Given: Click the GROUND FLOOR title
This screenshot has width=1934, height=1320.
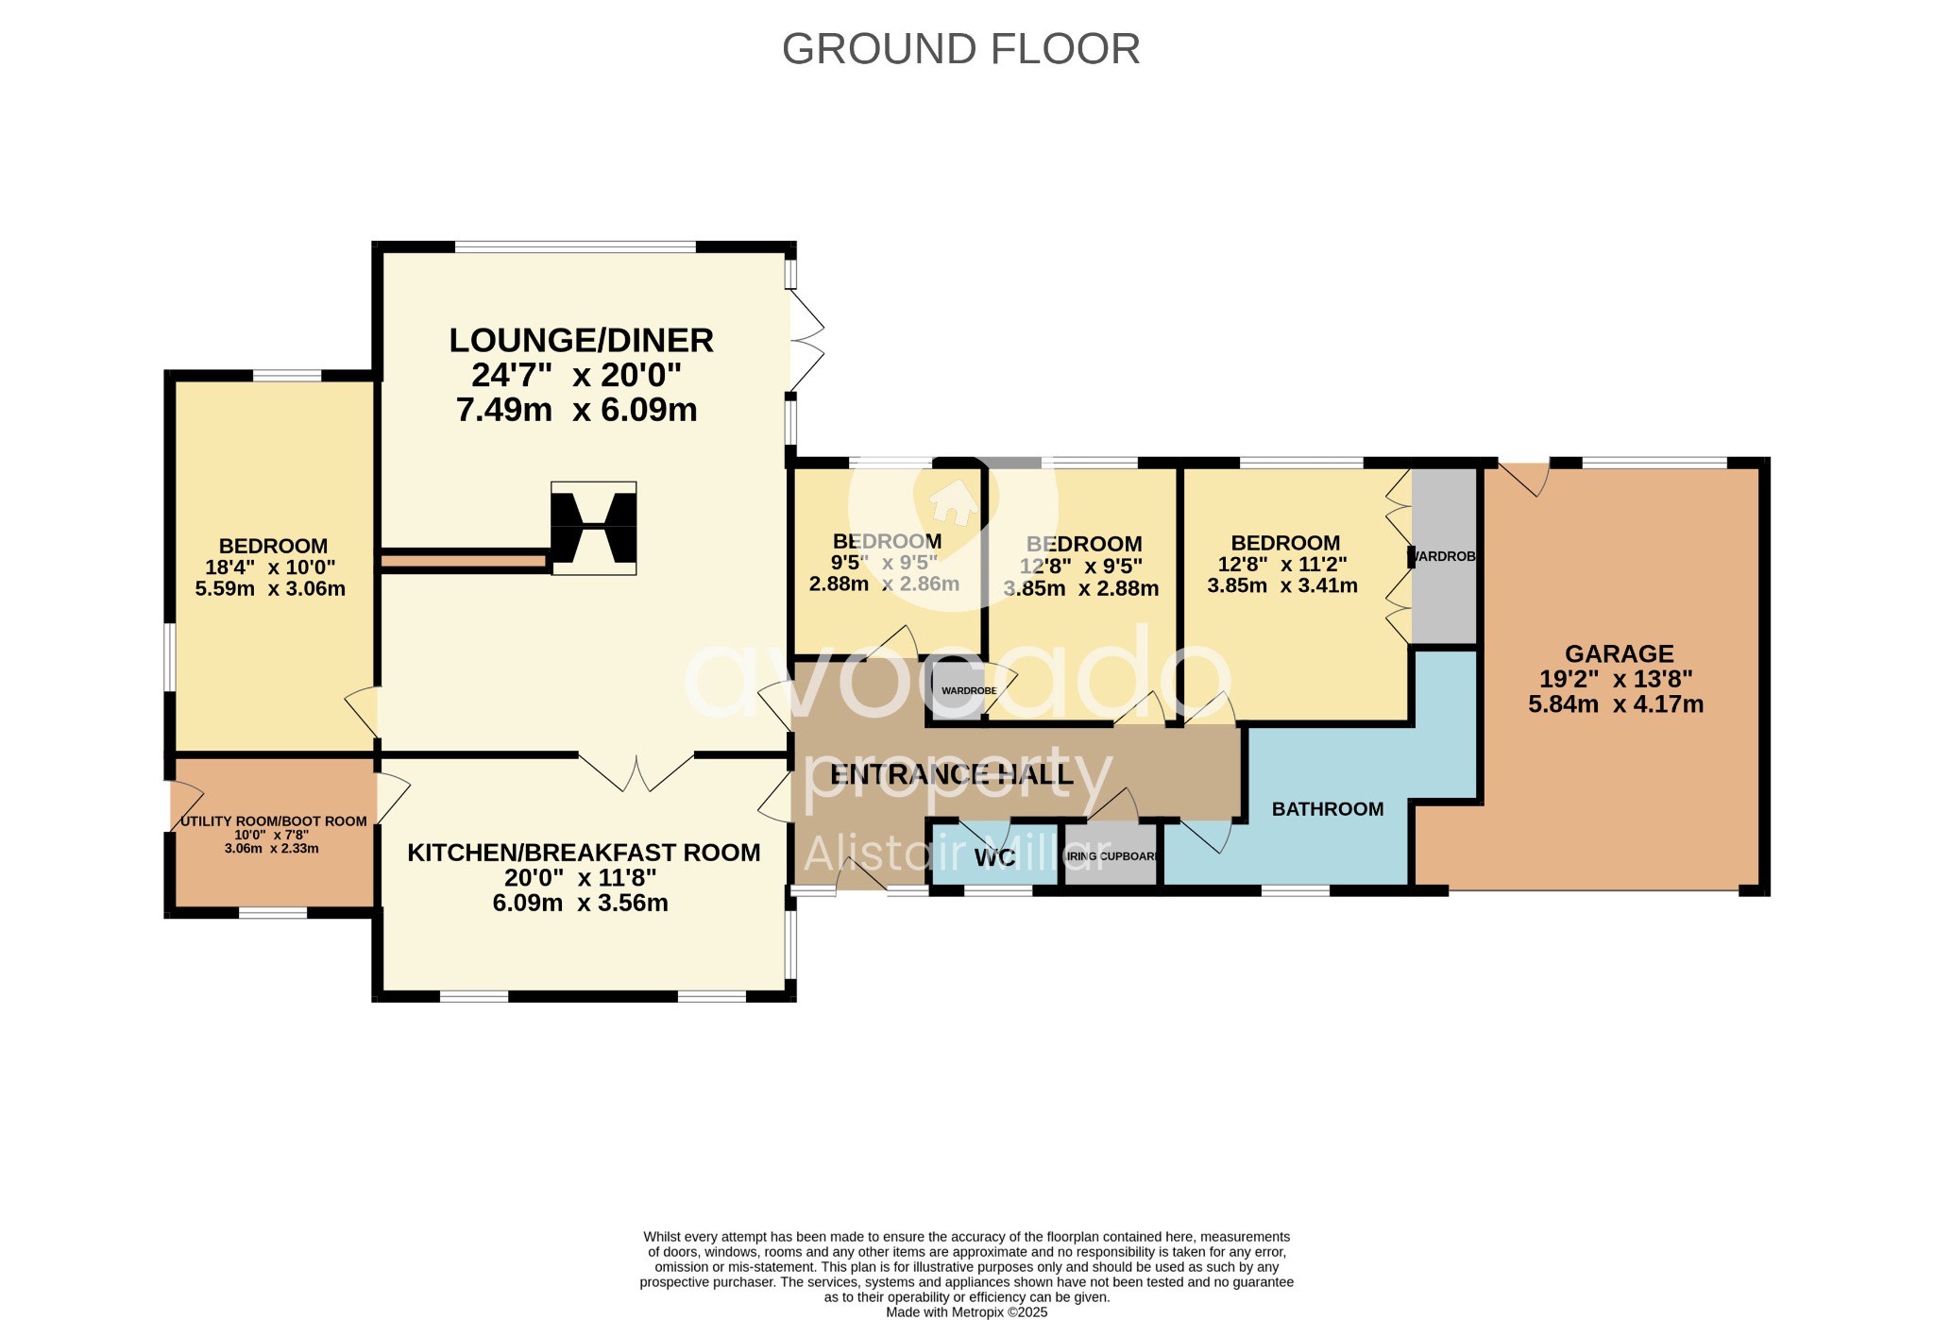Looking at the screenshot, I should click(960, 49).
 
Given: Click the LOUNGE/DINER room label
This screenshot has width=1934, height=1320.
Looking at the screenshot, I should click(581, 340).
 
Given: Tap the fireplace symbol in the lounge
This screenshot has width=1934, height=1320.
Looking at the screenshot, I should click(594, 528).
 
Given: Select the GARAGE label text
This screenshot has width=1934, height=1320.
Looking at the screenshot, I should click(1619, 653).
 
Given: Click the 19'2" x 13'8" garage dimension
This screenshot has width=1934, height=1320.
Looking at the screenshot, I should click(1616, 679).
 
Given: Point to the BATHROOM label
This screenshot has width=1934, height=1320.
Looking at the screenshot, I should click(1327, 809).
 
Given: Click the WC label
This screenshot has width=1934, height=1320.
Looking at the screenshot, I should click(994, 858).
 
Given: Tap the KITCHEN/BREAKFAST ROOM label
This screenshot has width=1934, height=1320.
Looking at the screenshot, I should click(584, 853).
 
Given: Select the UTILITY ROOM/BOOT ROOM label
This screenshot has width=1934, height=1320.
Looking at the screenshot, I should click(273, 821).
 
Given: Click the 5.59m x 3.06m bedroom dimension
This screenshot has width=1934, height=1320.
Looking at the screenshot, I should click(270, 589).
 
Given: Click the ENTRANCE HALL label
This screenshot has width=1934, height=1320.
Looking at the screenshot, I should click(951, 775).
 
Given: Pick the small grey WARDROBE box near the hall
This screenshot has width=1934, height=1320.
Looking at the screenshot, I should click(957, 690).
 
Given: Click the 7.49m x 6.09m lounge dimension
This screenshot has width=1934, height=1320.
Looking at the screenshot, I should click(576, 410).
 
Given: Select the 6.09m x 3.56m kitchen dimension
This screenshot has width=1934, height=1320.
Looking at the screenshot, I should click(580, 904).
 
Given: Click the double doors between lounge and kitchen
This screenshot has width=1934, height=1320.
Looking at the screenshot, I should click(636, 770).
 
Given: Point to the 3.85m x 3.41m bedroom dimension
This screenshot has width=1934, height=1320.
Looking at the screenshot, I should click(1282, 585).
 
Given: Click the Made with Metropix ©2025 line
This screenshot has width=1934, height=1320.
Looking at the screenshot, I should click(966, 1312).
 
